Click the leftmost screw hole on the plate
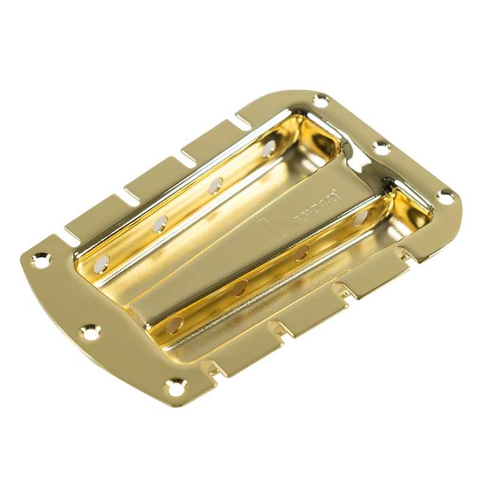click(x=42, y=259)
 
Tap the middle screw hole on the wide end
click(x=90, y=332)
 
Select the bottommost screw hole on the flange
click(x=175, y=388)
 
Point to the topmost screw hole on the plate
click(x=320, y=101)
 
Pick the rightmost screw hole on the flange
click(x=444, y=196)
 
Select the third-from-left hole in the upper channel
click(x=214, y=185)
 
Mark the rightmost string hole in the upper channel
click(x=268, y=148)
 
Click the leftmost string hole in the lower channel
click(x=175, y=325)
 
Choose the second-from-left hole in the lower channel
click(x=240, y=287)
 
